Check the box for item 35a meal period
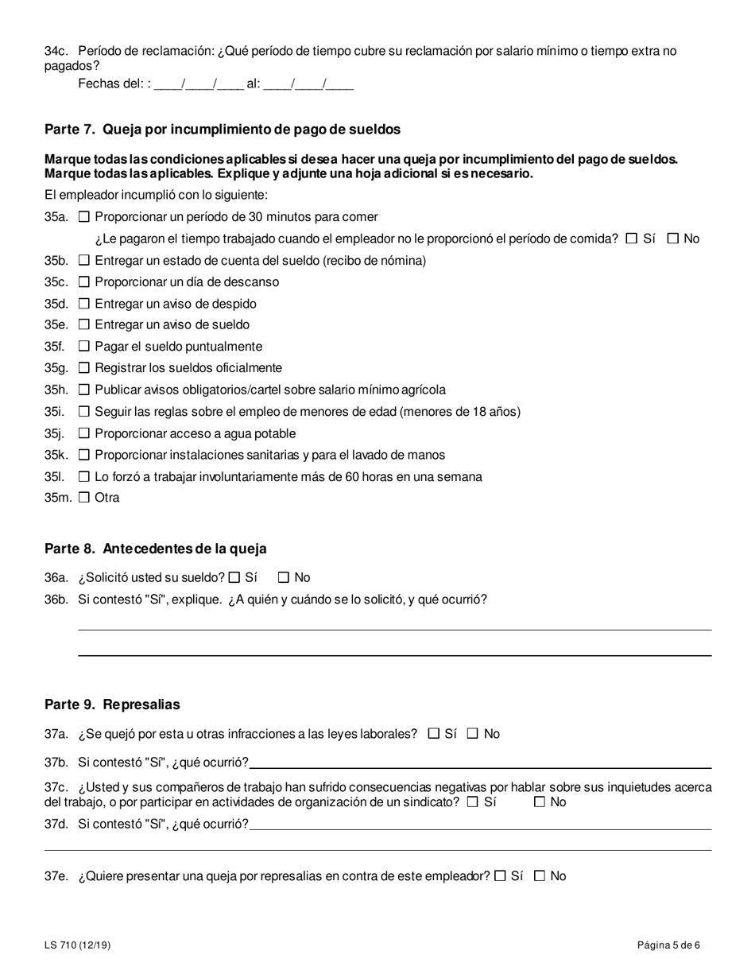click(x=84, y=217)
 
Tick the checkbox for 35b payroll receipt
click(x=84, y=261)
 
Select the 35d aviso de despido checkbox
click(x=84, y=304)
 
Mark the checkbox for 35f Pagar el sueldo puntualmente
click(x=84, y=347)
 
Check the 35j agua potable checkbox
click(x=84, y=433)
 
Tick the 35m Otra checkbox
click(x=84, y=498)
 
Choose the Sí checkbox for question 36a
click(x=234, y=578)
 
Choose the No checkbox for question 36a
click(x=284, y=578)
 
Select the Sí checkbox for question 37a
click(x=433, y=734)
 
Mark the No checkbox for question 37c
click(x=540, y=802)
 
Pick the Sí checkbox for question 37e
click(x=500, y=876)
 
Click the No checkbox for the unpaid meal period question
click(x=673, y=239)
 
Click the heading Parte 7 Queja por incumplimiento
click(x=223, y=129)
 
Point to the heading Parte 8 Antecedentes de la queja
click(x=156, y=549)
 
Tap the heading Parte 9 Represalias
click(x=112, y=704)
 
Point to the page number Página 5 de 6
click(x=668, y=945)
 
